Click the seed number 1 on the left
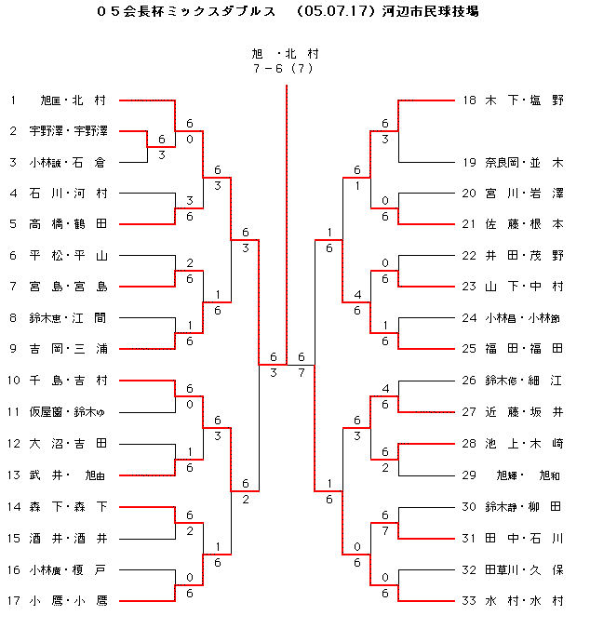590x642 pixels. pos(13,100)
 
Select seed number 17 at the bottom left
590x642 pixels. pos(15,600)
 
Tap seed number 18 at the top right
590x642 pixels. pos(470,100)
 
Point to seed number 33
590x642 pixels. pos(470,600)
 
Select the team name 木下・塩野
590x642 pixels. pos(524,100)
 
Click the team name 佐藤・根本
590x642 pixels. pos(524,224)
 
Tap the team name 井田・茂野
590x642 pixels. pos(524,256)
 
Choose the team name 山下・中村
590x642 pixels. pos(524,287)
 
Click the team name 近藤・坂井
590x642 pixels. pos(524,412)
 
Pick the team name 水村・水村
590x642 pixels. pos(524,600)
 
